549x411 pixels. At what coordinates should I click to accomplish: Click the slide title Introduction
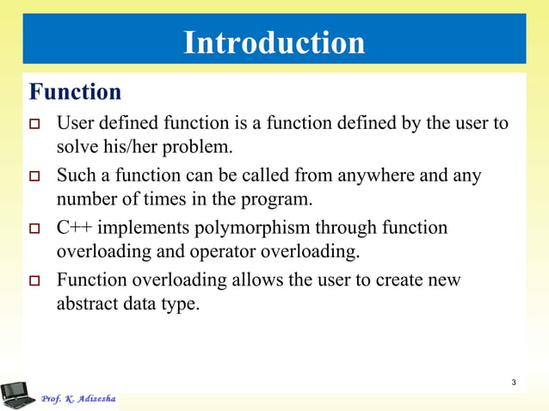274,42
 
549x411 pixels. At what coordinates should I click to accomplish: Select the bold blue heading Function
75,91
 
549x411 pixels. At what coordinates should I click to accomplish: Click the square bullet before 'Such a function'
35,177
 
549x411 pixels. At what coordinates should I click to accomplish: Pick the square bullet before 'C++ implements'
35,230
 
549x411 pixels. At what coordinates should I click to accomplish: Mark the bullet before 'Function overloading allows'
35,282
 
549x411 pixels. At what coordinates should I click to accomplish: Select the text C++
74,228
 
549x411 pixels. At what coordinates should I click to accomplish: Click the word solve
76,147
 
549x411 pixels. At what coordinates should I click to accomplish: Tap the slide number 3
514,382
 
